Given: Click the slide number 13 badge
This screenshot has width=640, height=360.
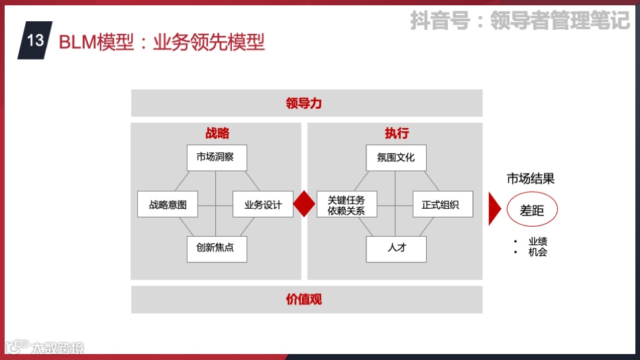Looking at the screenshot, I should pos(35,40).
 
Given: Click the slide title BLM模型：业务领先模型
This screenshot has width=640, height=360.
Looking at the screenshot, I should pos(162,42).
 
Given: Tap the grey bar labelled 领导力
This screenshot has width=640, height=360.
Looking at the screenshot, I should pos(306,103).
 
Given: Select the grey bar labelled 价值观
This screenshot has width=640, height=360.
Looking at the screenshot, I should pos(306,299).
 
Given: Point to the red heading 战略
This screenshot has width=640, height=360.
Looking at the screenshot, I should pos(217,133).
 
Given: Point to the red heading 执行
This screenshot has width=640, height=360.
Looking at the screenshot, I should pos(396,133).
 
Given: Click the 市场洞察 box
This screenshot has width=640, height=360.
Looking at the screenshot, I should pos(217,158).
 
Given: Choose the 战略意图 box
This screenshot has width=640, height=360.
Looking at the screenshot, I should pos(168,204).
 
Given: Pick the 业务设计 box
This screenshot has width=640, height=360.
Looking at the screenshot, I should pos(263,204).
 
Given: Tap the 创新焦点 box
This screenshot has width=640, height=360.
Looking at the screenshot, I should pos(217,249).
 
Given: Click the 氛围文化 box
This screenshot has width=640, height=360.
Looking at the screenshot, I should pos(396,158).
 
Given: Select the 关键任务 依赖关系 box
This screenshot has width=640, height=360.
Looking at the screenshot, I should pos(347,205).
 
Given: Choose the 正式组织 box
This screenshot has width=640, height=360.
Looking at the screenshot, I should pos(443,204).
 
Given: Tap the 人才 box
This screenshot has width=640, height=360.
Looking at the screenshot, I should pos(396,249).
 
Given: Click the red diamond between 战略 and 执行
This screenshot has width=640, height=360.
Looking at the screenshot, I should pos(304,204).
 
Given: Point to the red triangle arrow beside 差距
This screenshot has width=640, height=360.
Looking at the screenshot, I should pos(494,210).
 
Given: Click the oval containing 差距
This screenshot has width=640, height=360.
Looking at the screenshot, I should pos(532,210).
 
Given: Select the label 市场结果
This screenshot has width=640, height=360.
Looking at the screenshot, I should pos(530,178).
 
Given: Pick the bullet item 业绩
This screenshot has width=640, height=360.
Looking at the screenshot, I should pos(537,241).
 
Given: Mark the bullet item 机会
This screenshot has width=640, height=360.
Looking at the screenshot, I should pos(537,252).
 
